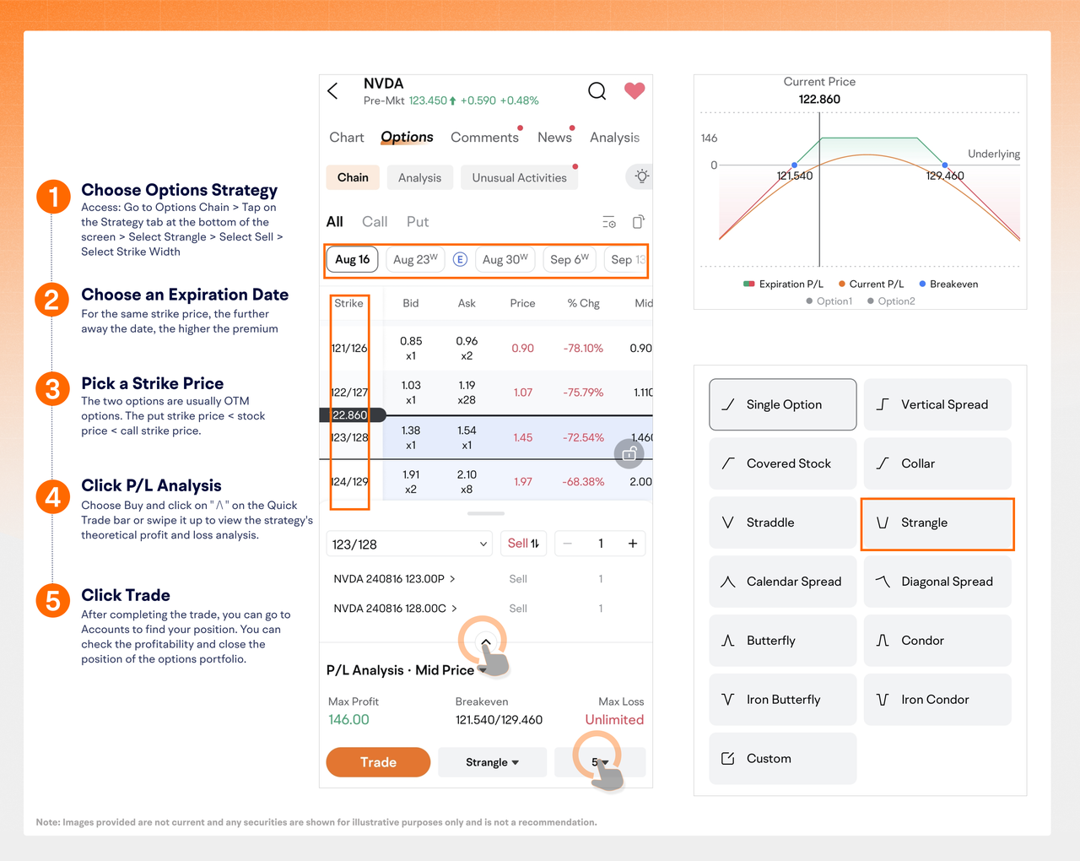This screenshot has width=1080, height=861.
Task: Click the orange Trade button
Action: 378,761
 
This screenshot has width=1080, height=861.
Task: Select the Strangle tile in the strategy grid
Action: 937,523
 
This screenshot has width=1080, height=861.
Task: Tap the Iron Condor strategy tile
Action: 937,699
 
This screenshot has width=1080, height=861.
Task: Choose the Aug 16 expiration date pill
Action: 352,259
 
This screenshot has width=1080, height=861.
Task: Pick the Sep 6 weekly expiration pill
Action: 569,259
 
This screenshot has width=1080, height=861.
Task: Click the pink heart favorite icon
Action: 634,91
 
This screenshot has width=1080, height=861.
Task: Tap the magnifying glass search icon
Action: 597,91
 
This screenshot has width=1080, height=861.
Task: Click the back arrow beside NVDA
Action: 332,91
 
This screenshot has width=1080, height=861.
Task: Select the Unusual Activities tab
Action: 519,178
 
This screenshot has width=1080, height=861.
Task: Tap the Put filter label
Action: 418,221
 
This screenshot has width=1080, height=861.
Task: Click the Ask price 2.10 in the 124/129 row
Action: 467,474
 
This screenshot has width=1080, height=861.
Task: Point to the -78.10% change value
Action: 583,348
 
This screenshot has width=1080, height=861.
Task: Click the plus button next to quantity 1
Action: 632,544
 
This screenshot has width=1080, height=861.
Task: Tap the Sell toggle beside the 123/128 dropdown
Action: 523,544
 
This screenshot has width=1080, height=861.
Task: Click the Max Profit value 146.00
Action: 348,719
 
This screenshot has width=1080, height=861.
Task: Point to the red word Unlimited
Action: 614,719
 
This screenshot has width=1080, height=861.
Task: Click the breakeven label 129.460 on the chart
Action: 944,176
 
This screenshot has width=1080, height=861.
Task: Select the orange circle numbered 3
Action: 52,389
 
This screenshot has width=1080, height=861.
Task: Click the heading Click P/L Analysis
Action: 151,485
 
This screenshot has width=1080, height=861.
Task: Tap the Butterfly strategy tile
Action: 782,641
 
